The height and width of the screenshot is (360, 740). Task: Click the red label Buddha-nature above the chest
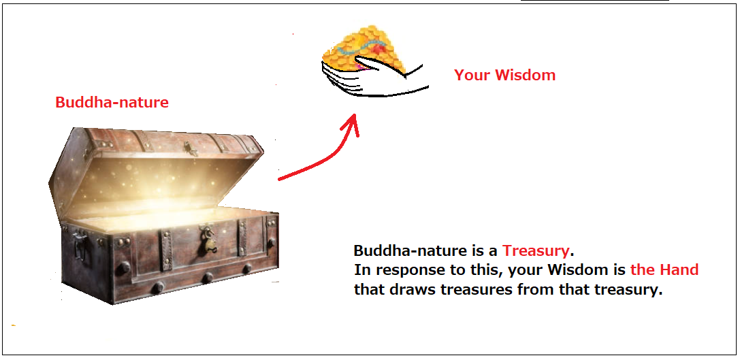[112, 102]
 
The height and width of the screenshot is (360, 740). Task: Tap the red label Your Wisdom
[504, 75]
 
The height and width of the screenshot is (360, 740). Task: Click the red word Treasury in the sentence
[536, 250]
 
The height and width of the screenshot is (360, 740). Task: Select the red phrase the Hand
[664, 270]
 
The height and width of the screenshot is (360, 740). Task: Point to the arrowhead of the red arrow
[351, 124]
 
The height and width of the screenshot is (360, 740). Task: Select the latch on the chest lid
[190, 148]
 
